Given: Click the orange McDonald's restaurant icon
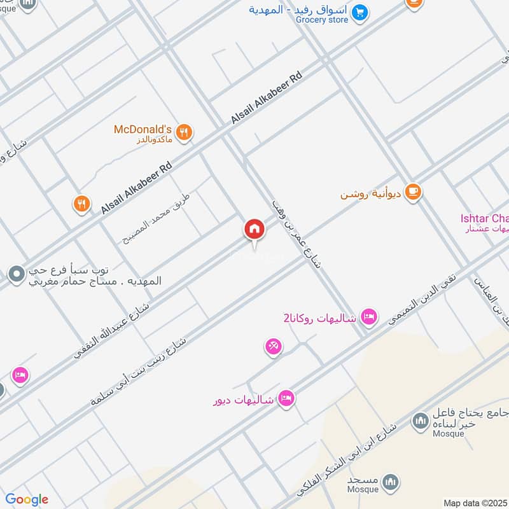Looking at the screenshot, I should [x=184, y=132].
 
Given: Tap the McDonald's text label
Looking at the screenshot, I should [x=143, y=129].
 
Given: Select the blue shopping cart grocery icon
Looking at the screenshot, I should [x=360, y=11].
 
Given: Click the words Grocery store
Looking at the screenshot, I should [x=322, y=20].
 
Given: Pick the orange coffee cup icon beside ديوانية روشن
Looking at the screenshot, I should [x=413, y=192].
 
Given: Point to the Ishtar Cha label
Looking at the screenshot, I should [x=484, y=219].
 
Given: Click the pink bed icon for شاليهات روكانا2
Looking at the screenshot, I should [x=368, y=316].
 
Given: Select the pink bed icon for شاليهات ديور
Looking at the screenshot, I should [x=286, y=398].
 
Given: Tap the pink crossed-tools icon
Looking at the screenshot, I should [x=274, y=347].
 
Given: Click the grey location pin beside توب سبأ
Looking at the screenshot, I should [x=16, y=275].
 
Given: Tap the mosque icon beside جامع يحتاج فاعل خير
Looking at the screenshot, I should [x=419, y=421].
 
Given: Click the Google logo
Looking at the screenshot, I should [x=27, y=499].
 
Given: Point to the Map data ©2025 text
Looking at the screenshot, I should [x=474, y=503].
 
